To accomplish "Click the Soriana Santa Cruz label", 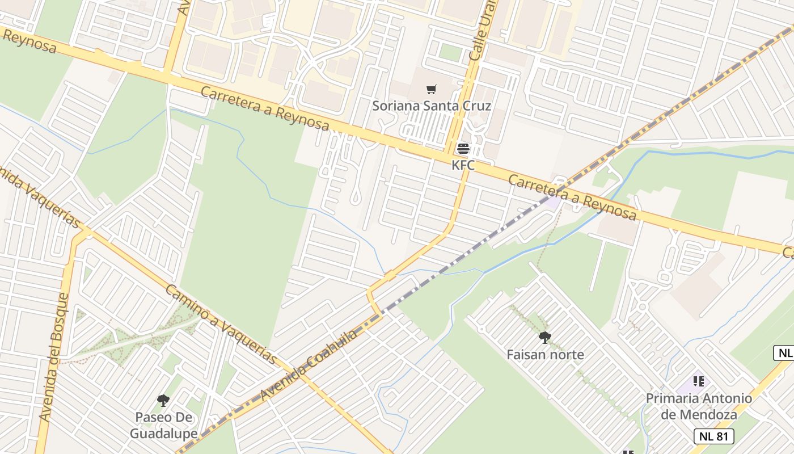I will coord(432,106).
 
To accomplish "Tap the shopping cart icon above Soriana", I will coord(432,89).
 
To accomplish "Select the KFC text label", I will coord(463,165).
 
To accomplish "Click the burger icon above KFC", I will coord(463,149).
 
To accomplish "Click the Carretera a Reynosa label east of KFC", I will coord(572,197).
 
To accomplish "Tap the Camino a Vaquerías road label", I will coord(221,325).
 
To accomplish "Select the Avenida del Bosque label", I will coord(54,358).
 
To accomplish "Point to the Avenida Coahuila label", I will coord(309,364).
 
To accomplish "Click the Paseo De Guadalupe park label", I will coord(163,426).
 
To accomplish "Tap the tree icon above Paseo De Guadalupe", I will coord(163,401).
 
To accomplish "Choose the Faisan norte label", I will coord(545,355).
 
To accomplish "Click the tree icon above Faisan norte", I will coord(545,338).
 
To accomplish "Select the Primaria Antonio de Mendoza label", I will coord(699,406).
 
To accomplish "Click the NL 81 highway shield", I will coord(714,436).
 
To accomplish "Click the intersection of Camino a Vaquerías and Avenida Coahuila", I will coord(301,375).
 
